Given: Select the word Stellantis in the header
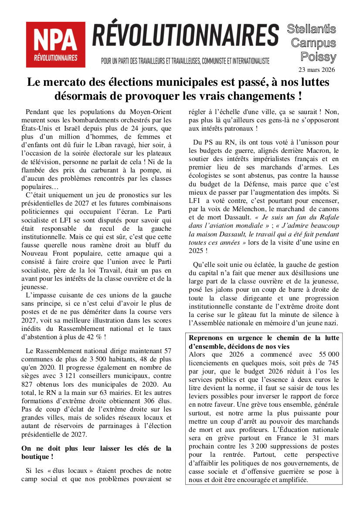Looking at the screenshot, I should pyautogui.click(x=311, y=29).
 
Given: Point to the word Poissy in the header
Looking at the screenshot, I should pyautogui.click(x=318, y=57).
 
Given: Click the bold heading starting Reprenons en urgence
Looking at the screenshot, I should pyautogui.click(x=264, y=342).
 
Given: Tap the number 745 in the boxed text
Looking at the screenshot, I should pyautogui.click(x=330, y=363).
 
